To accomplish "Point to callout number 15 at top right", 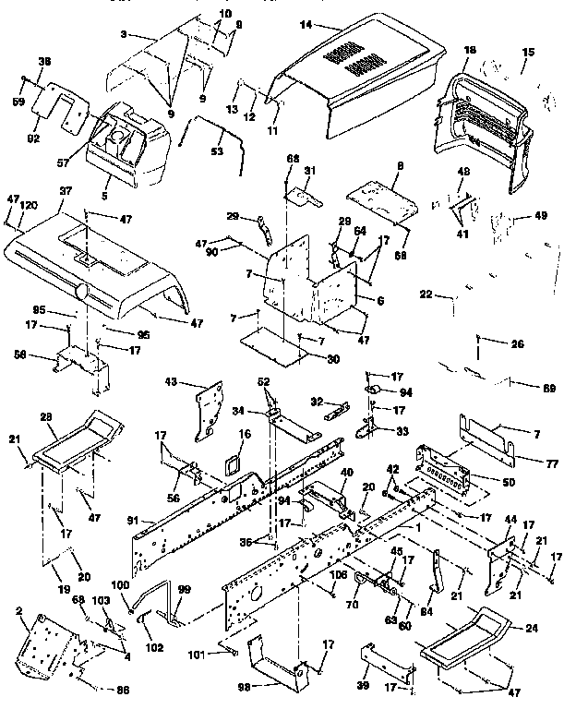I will (528, 54).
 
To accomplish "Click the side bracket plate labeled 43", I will (210, 405).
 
